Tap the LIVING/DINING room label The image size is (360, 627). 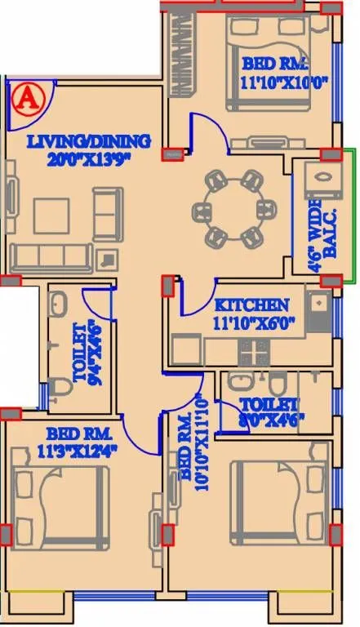89,142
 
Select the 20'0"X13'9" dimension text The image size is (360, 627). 89,158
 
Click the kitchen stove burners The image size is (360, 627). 254,351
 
